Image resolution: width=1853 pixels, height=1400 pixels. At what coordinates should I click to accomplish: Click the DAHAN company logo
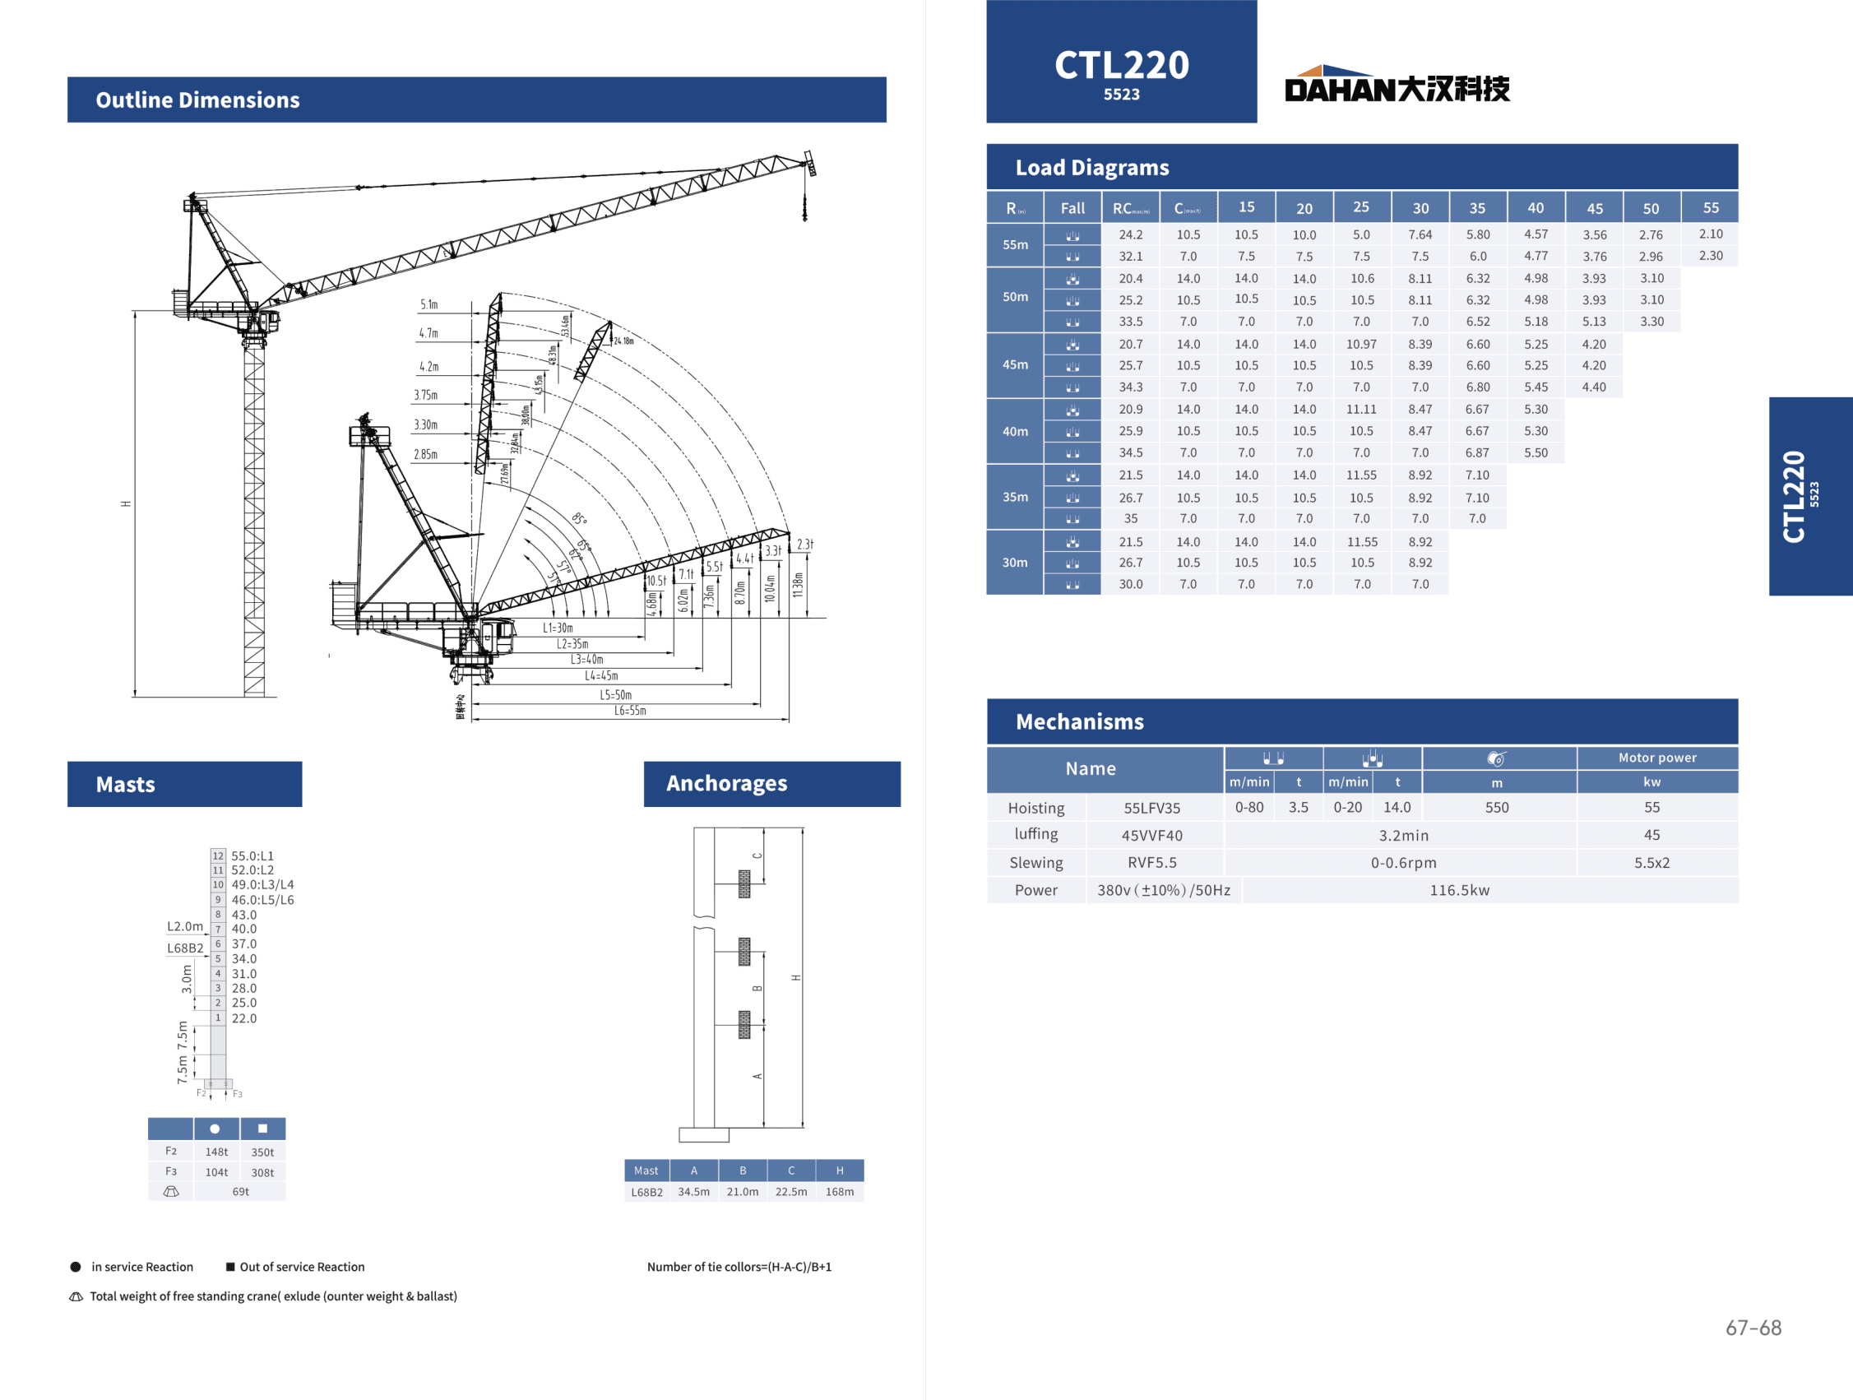click(x=1397, y=85)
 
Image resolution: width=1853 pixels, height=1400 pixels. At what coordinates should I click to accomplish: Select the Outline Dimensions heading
click(x=197, y=100)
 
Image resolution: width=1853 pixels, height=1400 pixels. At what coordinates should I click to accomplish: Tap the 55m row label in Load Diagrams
click(x=1015, y=244)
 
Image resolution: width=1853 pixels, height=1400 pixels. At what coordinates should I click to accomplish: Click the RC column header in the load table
click(x=1130, y=209)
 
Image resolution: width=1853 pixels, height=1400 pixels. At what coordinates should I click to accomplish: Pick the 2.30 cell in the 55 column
click(x=1711, y=256)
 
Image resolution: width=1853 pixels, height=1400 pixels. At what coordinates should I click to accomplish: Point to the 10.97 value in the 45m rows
click(x=1361, y=345)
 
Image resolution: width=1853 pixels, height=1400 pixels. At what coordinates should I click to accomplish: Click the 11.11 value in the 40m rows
click(x=1361, y=410)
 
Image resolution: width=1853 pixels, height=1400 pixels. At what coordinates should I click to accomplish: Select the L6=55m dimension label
click(x=630, y=711)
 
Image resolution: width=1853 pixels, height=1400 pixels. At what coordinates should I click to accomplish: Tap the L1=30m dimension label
click(x=558, y=628)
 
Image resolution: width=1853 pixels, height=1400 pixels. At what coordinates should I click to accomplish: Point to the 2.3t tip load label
click(x=804, y=545)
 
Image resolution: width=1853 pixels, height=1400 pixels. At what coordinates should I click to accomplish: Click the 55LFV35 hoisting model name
click(x=1151, y=809)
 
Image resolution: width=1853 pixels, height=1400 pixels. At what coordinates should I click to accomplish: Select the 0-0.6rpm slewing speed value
click(x=1403, y=863)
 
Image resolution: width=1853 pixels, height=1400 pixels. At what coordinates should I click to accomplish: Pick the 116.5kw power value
click(x=1459, y=891)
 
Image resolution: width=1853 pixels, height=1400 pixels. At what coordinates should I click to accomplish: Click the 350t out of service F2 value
click(x=262, y=1152)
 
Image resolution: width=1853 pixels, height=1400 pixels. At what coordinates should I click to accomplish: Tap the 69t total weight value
click(x=240, y=1191)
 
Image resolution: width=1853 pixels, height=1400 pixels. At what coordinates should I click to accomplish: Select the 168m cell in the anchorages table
click(x=840, y=1191)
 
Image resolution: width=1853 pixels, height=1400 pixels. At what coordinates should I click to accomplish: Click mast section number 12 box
click(x=218, y=855)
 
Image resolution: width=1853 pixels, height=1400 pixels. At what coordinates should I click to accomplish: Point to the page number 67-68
click(x=1753, y=1328)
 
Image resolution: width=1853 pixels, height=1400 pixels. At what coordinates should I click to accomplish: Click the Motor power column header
click(x=1657, y=758)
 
